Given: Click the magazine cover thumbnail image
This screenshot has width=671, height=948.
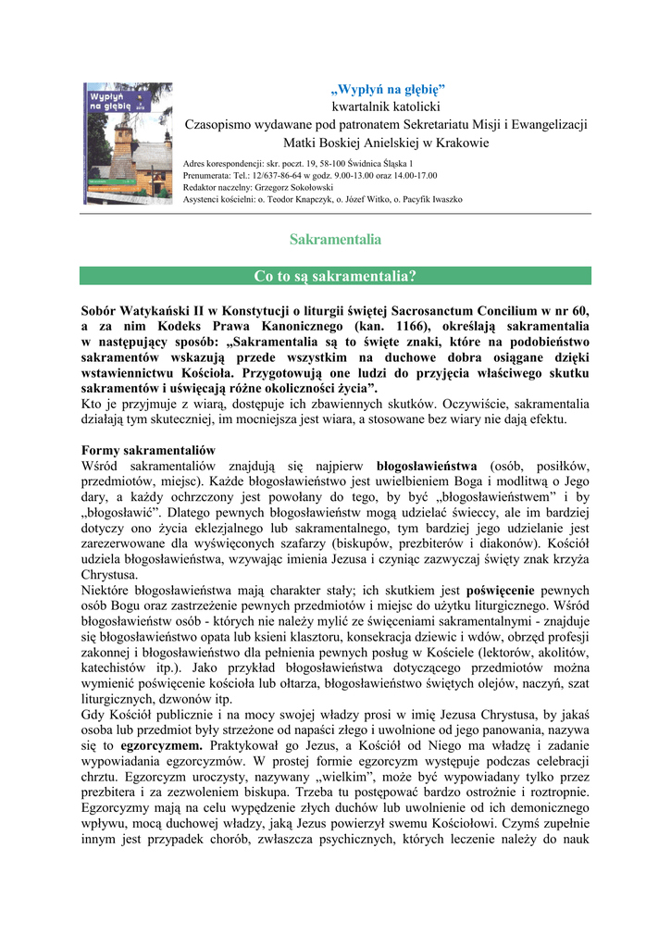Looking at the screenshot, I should click(x=128, y=143).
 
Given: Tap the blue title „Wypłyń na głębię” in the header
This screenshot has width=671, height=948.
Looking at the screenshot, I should click(x=388, y=90).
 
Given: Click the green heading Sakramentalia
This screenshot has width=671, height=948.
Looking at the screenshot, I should click(x=335, y=240).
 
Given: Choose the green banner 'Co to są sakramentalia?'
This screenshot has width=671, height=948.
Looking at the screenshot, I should click(x=335, y=276).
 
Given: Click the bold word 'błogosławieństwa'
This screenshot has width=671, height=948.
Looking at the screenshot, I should click(x=427, y=465).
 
